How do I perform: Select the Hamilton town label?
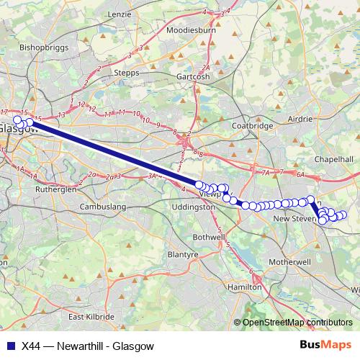[243, 287]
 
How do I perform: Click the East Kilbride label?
[91, 317]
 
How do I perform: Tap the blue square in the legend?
[11, 346]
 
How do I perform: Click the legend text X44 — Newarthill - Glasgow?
[88, 346]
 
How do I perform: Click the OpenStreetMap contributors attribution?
[298, 323]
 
